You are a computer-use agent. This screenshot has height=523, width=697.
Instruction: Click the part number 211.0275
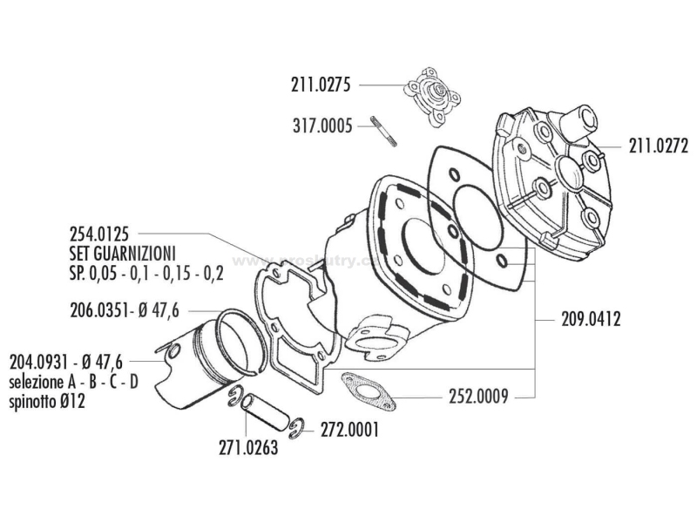[320, 85]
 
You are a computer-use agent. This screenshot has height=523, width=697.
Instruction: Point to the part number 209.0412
[588, 319]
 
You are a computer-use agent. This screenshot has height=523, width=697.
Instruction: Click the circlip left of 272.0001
[298, 425]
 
